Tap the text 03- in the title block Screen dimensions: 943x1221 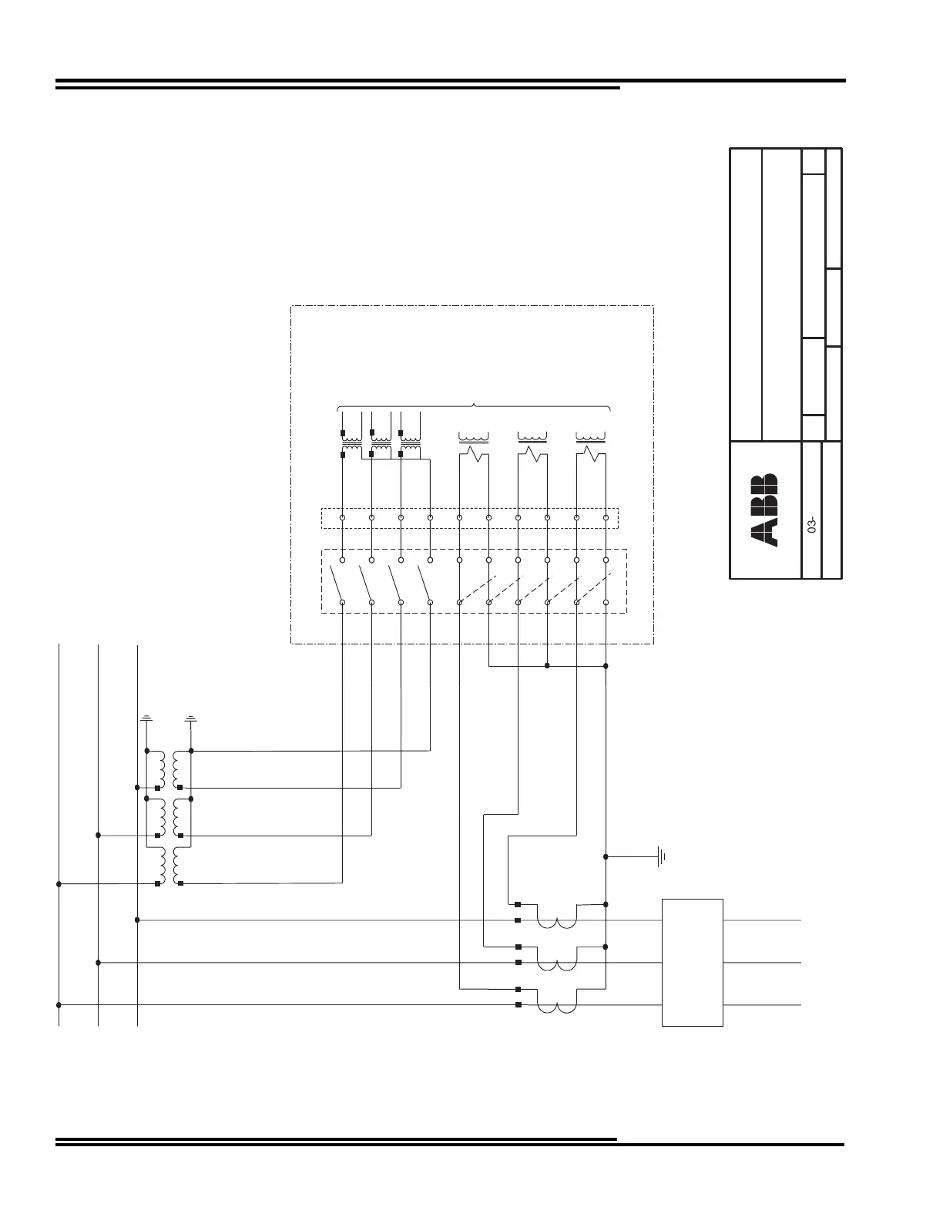pyautogui.click(x=811, y=527)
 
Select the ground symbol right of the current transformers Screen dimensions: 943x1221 pyautogui.click(x=661, y=856)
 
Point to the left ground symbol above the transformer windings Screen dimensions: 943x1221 pyautogui.click(x=146, y=719)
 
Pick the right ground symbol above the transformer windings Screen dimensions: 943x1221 pyautogui.click(x=191, y=719)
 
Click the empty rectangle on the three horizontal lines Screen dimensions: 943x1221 pyautogui.click(x=693, y=962)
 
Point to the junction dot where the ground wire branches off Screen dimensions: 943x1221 pyautogui.click(x=606, y=856)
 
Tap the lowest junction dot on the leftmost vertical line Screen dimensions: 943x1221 pyautogui.click(x=59, y=1005)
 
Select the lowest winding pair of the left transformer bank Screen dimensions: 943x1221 pyautogui.click(x=169, y=867)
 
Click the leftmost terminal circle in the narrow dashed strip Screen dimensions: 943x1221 pyautogui.click(x=342, y=518)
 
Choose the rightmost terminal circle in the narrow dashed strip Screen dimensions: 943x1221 pyautogui.click(x=606, y=518)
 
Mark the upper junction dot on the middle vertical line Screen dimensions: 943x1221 pyautogui.click(x=98, y=835)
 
